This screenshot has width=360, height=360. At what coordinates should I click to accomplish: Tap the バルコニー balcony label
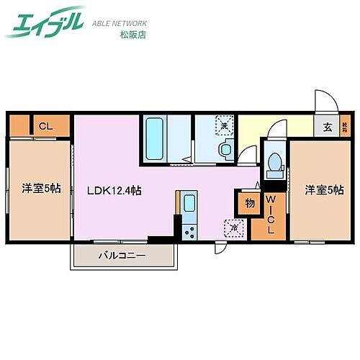tap(122, 256)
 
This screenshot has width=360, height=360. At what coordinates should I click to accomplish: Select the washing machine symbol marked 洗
tap(225, 127)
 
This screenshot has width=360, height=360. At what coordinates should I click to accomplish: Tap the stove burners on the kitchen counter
tap(189, 230)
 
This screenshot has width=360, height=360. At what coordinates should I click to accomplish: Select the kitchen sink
tap(189, 202)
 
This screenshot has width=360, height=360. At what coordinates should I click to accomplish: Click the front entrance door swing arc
tap(324, 101)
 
